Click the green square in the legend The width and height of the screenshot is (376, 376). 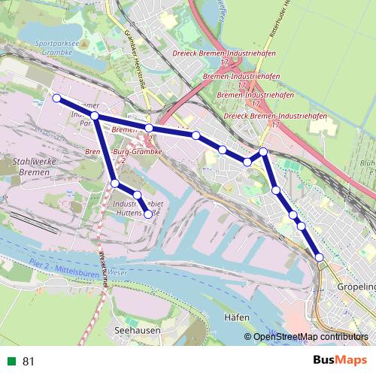click(11, 362)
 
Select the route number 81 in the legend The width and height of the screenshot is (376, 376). click(29, 362)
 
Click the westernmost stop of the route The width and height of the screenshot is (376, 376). click(56, 98)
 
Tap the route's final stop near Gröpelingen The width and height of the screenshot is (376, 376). click(320, 257)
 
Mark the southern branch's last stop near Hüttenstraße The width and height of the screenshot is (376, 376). click(148, 214)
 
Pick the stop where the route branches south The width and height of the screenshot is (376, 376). click(96, 116)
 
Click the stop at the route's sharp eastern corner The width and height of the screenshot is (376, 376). click(263, 152)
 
